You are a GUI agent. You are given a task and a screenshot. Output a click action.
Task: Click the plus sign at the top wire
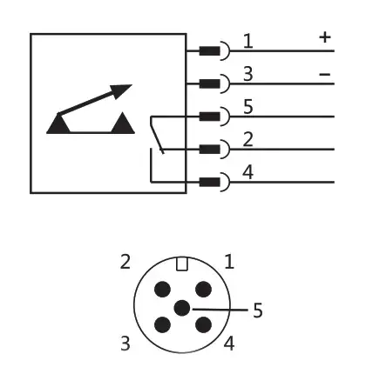click(325, 37)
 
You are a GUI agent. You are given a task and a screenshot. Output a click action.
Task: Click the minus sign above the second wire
click(325, 75)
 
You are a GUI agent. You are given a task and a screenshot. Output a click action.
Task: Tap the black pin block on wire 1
click(209, 51)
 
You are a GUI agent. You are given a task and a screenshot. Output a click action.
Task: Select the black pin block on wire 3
click(209, 83)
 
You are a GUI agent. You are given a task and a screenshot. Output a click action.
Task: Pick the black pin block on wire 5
click(209, 117)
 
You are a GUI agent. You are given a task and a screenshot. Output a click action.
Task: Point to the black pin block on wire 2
click(209, 150)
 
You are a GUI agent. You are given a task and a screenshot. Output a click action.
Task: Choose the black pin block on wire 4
click(209, 183)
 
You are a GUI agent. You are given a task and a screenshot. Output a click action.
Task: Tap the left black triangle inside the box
click(58, 124)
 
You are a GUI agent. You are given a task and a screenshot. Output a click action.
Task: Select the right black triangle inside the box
click(123, 123)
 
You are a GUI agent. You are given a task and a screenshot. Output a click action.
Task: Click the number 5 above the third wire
click(247, 107)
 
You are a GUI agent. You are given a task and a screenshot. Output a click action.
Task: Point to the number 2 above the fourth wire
click(247, 139)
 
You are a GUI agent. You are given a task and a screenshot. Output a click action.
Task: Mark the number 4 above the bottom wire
click(247, 172)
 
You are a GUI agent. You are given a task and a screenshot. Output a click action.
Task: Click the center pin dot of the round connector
click(182, 308)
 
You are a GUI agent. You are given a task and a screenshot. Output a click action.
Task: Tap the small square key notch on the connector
click(182, 264)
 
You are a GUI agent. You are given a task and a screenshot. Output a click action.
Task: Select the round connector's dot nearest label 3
click(162, 324)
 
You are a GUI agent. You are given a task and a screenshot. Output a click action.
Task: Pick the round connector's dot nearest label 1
click(203, 289)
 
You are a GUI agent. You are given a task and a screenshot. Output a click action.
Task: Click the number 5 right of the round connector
click(258, 311)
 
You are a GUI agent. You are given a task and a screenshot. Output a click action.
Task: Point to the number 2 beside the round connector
click(125, 262)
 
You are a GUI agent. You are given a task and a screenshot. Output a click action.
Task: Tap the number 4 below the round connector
click(229, 344)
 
